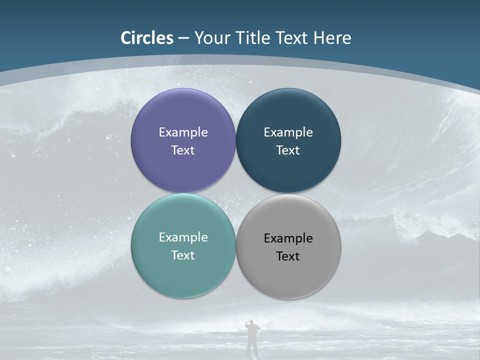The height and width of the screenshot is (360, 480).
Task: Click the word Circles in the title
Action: point(147,38)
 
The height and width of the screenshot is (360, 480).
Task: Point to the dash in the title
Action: point(183,38)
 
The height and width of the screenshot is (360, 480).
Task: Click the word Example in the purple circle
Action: point(183,132)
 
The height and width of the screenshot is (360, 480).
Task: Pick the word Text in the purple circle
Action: point(183,150)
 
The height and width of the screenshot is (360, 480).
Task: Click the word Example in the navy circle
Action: point(288,132)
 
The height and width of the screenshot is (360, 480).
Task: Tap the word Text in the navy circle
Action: point(288,150)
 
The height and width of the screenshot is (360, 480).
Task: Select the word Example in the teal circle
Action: point(183,237)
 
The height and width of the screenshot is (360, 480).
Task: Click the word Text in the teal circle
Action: point(183,255)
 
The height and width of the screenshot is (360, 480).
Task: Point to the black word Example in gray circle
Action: point(288,238)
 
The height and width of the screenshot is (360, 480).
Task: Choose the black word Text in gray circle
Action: point(288,256)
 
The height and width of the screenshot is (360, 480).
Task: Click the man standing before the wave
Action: point(253,340)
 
